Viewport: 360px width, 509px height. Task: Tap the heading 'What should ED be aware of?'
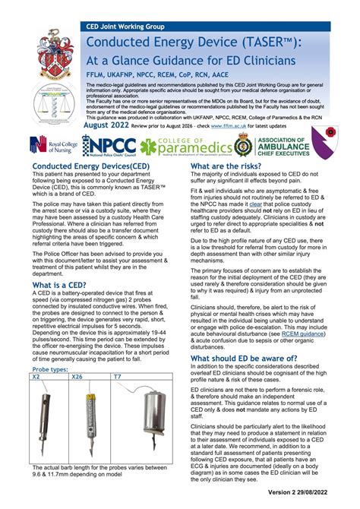pyautogui.click(x=254, y=358)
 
